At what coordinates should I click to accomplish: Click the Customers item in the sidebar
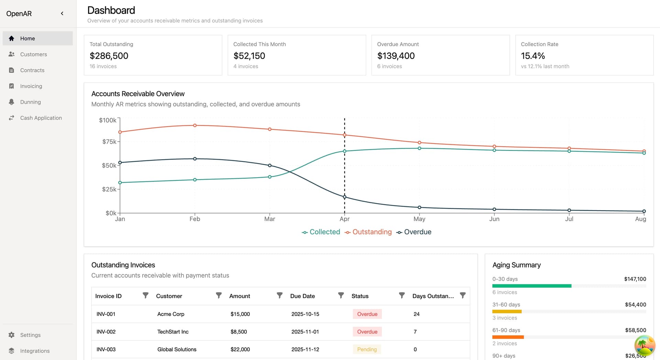[x=33, y=54]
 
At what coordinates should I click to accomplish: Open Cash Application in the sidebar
[x=41, y=118]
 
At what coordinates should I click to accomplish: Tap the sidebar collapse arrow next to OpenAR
[x=62, y=13]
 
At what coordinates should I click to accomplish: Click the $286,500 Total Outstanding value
[x=109, y=56]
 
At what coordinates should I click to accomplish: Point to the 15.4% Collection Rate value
[x=532, y=56]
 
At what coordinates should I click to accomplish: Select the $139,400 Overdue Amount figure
[x=396, y=56]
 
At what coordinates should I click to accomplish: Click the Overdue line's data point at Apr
[x=344, y=197]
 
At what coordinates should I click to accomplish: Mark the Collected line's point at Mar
[x=269, y=177]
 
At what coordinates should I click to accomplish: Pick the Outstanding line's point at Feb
[x=195, y=126]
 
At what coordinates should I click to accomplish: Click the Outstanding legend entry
[x=368, y=232]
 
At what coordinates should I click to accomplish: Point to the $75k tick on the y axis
[x=109, y=142]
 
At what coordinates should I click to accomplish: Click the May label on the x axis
[x=419, y=219]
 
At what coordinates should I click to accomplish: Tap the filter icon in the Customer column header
[x=218, y=296]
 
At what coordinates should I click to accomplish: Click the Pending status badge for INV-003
[x=367, y=349]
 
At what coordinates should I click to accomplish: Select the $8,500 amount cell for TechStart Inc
[x=239, y=332]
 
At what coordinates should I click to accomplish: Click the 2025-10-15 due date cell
[x=305, y=314]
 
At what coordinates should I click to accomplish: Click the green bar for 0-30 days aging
[x=531, y=286]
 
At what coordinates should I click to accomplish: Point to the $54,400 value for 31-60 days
[x=635, y=305]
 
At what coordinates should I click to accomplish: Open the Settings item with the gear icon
[x=30, y=335]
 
